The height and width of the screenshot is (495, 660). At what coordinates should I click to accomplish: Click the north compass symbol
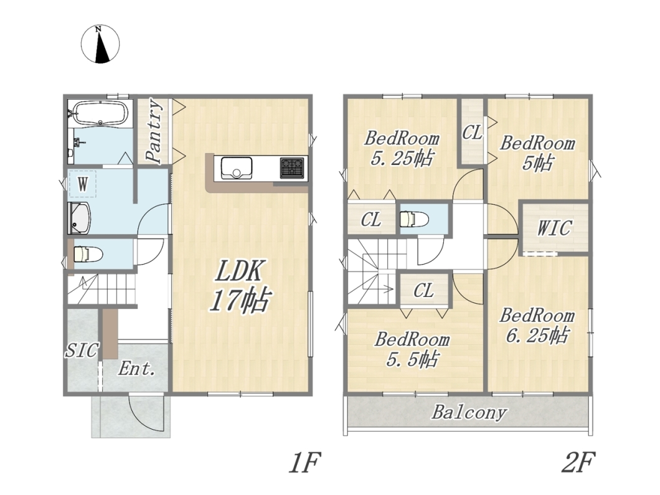100,44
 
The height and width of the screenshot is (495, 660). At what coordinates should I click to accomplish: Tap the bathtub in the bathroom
100,113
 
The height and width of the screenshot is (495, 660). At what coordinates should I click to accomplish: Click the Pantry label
154,131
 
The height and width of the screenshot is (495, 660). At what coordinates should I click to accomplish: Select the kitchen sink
237,168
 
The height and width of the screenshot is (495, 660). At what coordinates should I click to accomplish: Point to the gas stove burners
292,167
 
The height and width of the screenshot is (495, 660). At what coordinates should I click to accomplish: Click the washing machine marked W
83,184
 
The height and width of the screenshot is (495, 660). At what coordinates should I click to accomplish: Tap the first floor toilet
88,254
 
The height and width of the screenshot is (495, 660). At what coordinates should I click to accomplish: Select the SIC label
82,350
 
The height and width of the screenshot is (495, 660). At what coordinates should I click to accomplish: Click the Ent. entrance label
136,369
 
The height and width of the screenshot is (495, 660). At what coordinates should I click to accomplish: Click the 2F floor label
578,462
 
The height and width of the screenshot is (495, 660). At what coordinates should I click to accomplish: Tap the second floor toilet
414,219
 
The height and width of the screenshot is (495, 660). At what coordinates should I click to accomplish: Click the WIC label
554,228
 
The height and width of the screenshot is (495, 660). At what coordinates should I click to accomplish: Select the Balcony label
468,412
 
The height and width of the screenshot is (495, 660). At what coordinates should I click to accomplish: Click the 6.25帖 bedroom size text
537,335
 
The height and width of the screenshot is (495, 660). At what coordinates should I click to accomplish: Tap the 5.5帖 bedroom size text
412,359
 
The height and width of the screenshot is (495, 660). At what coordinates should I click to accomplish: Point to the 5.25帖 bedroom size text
402,158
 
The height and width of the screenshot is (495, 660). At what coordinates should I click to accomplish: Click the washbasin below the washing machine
80,218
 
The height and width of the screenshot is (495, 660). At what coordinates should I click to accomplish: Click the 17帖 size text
239,299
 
